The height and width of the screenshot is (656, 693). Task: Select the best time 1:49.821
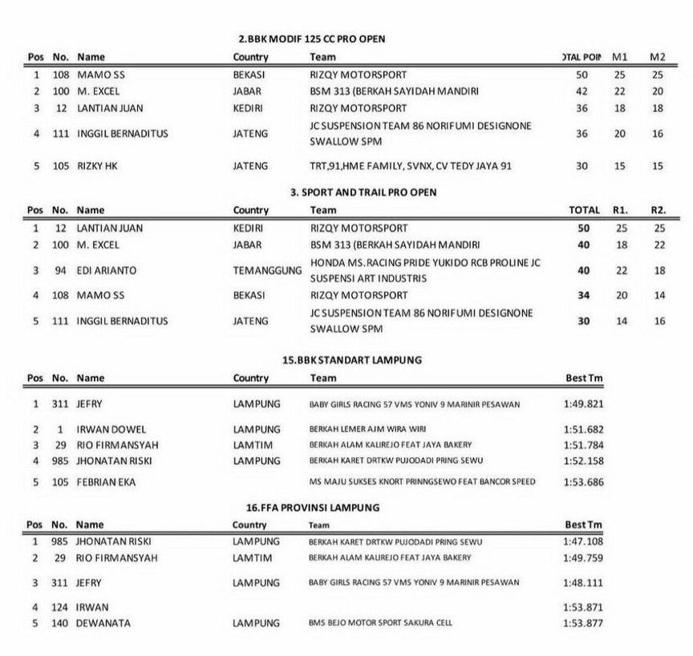(583, 405)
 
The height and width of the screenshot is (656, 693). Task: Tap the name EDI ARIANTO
(106, 271)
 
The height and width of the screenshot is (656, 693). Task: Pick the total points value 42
(582, 91)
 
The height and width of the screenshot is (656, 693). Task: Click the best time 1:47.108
(583, 542)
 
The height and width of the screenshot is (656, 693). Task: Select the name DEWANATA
(103, 622)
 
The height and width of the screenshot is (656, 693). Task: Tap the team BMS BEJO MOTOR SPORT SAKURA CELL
(379, 623)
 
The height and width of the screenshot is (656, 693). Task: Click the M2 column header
(658, 57)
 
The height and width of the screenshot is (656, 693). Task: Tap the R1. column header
(620, 210)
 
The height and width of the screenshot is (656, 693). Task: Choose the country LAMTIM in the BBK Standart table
(252, 444)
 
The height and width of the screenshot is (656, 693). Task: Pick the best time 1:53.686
(583, 482)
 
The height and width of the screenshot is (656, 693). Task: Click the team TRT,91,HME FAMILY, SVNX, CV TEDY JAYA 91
(411, 166)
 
